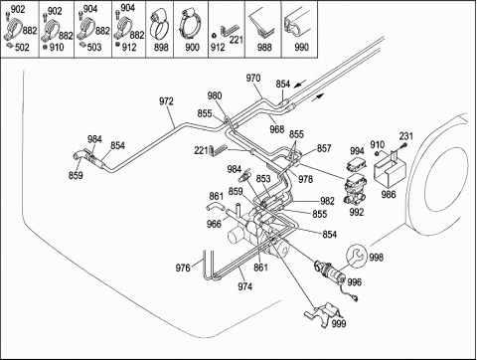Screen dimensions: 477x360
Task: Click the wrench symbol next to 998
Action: [x=357, y=257]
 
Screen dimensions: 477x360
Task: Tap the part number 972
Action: [x=166, y=101]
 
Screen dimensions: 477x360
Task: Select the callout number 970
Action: [x=253, y=79]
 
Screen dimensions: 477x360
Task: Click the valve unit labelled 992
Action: [x=356, y=189]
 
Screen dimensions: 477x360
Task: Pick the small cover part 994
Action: [x=355, y=165]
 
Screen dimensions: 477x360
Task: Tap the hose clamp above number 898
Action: [x=159, y=25]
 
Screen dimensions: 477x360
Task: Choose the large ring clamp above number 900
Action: [x=191, y=24]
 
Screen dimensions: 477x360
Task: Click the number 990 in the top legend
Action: [x=301, y=48]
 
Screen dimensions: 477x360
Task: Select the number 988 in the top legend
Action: [x=264, y=48]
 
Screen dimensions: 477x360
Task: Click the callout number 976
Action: [x=183, y=268]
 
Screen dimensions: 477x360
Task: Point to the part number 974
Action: [x=244, y=286]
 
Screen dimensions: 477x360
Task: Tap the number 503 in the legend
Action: [x=94, y=48]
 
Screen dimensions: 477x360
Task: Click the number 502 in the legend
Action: [x=22, y=48]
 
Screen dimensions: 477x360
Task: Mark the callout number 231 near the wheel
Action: [x=406, y=136]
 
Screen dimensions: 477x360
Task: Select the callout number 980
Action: [x=215, y=96]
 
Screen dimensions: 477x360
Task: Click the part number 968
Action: [x=277, y=129]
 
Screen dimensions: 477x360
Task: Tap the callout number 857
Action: [x=324, y=148]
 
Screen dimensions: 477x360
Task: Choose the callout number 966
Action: [x=214, y=224]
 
